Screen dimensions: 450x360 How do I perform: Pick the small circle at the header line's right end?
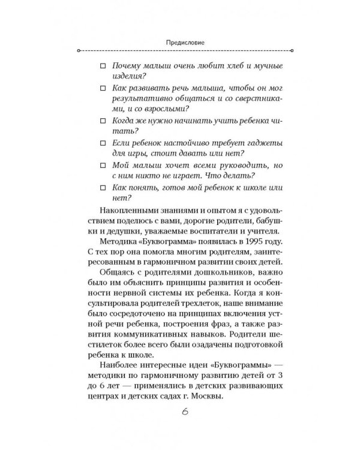293,51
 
